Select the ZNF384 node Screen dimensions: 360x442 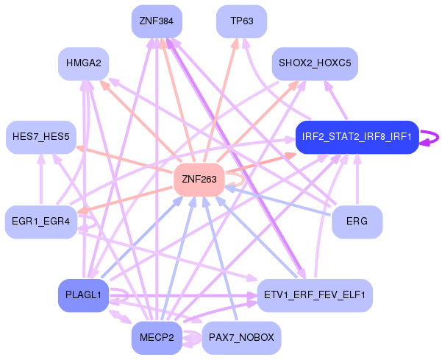pos(156,21)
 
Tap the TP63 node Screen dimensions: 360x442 pos(241,21)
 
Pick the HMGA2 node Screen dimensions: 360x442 pos(84,64)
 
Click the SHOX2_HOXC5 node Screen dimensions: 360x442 pos(314,64)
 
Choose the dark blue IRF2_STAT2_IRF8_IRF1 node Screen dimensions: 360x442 pos(357,137)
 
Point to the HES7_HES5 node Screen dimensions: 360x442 pos(41,137)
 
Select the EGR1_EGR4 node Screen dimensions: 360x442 pos(41,222)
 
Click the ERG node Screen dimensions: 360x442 pos(357,222)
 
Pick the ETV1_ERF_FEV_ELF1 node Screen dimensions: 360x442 pos(314,295)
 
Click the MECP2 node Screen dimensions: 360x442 pos(156,338)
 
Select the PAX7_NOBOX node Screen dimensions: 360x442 pos(241,338)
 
